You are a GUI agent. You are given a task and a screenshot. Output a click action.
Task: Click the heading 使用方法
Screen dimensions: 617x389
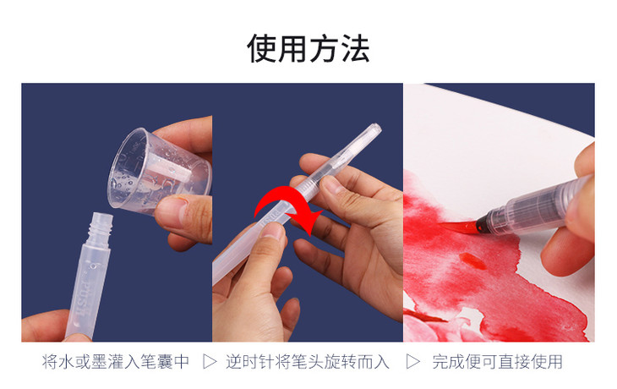[308, 48]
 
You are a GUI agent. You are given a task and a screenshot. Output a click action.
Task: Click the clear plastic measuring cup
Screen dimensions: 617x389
[160, 172]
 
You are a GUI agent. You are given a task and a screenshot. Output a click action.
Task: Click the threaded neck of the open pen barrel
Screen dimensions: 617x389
[100, 229]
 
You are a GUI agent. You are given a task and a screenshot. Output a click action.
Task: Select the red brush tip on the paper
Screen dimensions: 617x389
[457, 227]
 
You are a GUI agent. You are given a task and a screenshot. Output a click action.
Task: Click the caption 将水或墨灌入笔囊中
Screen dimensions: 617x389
[116, 361]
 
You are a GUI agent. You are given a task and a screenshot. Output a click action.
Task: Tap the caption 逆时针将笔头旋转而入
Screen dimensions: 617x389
[308, 361]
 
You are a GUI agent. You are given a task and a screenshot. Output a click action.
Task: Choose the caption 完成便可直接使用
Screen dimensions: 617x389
[497, 361]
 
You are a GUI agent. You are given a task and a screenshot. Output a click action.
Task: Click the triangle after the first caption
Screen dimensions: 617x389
[210, 361]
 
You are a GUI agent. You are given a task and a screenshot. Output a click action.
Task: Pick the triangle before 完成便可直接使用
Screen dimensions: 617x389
[412, 361]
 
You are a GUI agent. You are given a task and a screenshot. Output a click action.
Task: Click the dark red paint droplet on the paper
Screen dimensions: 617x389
[472, 260]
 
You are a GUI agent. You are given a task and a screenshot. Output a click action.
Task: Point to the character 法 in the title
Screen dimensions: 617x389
[355, 48]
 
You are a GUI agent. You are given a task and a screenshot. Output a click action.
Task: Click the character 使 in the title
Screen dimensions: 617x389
[262, 48]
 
